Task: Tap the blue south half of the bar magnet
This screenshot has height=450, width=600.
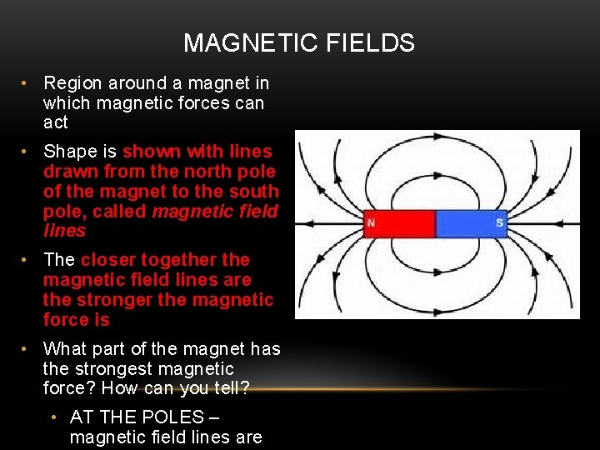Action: click(x=472, y=223)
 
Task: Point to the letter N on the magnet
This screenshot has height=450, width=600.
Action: click(x=370, y=223)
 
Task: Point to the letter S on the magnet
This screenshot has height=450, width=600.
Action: click(x=499, y=223)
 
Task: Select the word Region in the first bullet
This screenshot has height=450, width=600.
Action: click(x=72, y=83)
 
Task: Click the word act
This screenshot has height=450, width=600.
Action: click(x=55, y=123)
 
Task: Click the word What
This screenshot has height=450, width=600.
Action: click(x=65, y=349)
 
